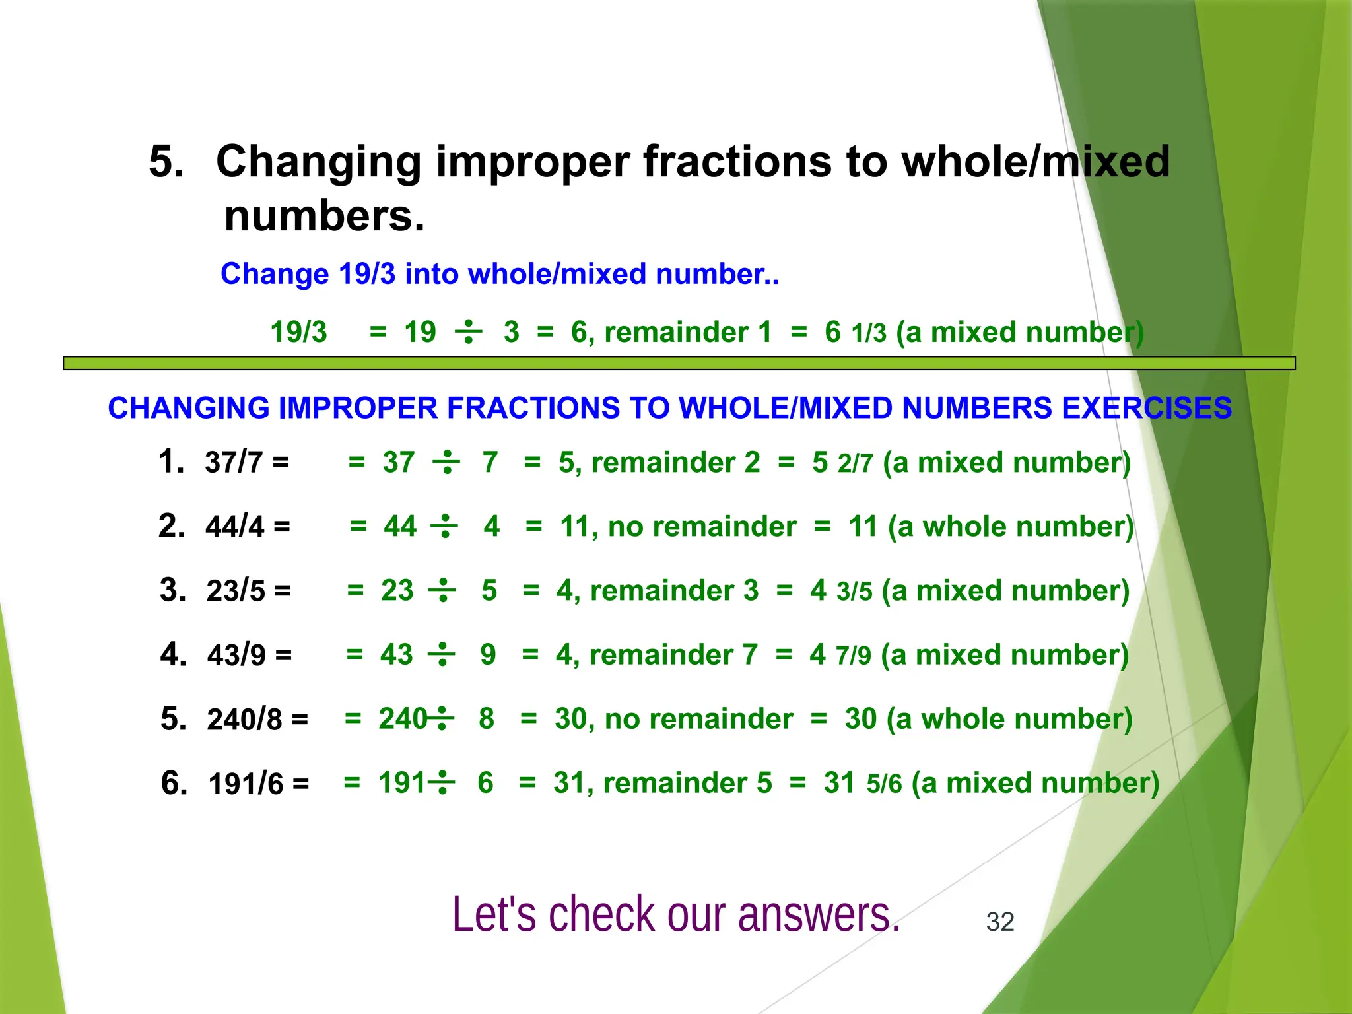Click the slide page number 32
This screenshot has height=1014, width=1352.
pos(999,922)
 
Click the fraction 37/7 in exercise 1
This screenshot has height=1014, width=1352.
pos(234,462)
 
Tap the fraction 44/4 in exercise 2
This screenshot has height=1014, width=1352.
pos(234,527)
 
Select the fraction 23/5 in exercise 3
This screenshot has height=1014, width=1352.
pos(235,591)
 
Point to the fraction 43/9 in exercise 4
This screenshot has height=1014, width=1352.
pos(236,655)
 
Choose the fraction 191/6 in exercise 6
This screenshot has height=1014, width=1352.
pos(246,784)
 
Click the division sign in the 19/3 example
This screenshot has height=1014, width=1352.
pos(468,331)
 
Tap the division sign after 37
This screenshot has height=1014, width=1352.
pos(447,462)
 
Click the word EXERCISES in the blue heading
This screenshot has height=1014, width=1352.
pos(1147,408)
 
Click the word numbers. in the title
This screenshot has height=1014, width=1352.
pos(324,216)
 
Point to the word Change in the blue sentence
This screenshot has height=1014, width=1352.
pos(275,273)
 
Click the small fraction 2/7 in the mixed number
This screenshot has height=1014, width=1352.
pos(856,464)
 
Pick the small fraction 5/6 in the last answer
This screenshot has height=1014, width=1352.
pos(884,784)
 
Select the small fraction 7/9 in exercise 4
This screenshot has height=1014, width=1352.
pos(854,656)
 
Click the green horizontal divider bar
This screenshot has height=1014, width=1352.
pos(679,363)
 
